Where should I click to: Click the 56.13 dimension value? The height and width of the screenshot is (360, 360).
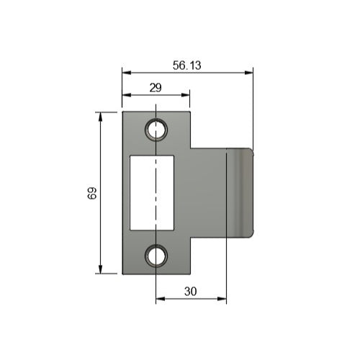[x=186, y=65]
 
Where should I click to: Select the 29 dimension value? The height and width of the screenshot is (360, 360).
[x=155, y=87]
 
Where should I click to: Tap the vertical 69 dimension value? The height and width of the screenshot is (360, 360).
[x=92, y=193]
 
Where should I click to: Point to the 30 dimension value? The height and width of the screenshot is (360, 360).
[x=191, y=292]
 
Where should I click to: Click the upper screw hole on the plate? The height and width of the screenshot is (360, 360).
[x=156, y=130]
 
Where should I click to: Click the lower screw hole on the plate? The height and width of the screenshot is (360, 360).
[x=156, y=255]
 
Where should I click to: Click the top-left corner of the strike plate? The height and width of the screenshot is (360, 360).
[x=123, y=112]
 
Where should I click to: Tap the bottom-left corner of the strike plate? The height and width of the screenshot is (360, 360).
[x=123, y=273]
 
